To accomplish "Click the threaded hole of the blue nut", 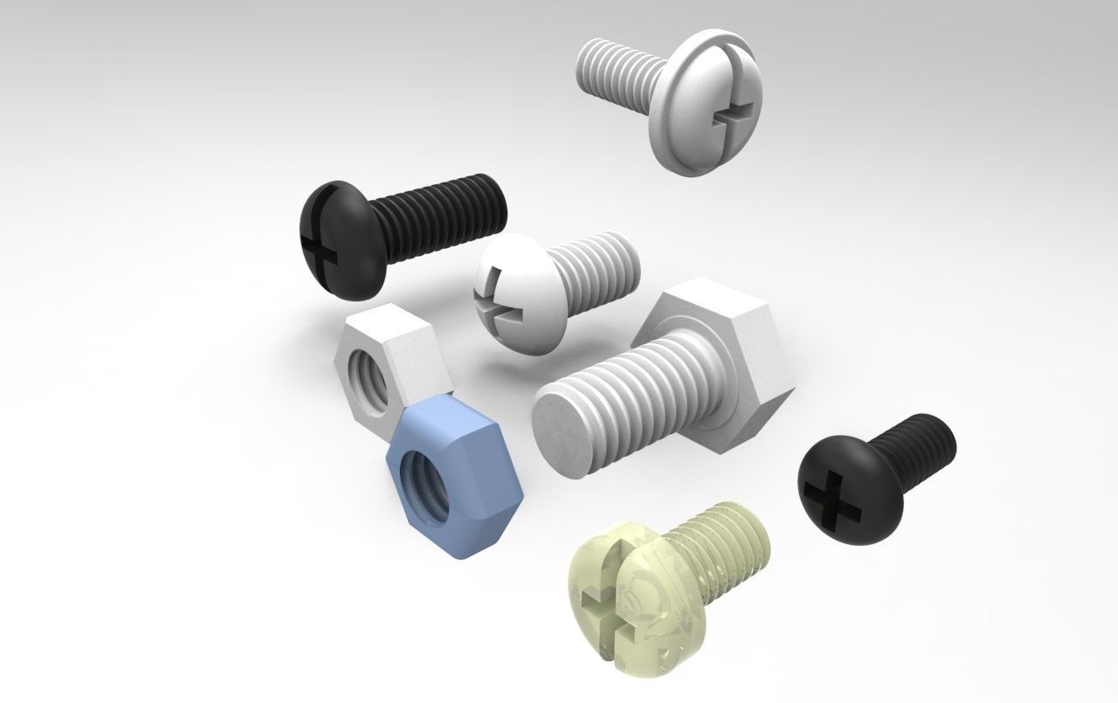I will [x=421, y=478].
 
